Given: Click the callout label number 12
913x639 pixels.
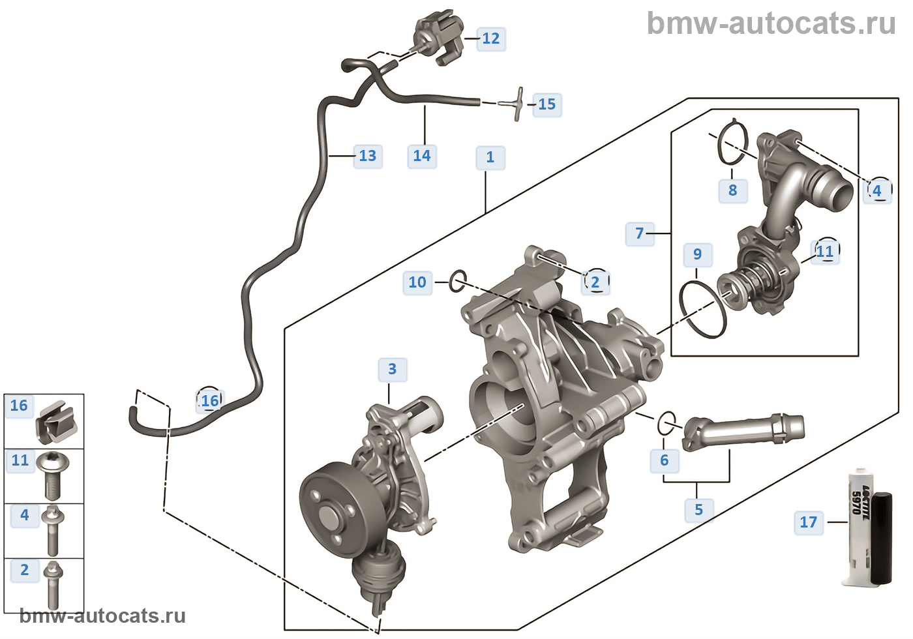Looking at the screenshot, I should coord(491,38).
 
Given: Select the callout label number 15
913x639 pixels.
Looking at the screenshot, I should coord(546,104).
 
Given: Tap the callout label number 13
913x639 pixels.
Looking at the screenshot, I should coord(368,156).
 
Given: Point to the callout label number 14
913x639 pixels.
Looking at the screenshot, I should coord(422,156).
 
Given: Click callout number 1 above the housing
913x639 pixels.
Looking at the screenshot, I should coord(490,157).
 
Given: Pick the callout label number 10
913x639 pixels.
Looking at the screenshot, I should coord(417,282).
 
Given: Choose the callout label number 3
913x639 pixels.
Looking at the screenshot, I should coord(392,369).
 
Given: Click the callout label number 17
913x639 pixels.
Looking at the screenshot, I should coord(808,522).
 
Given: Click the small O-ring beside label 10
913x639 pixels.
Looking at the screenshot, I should coord(458,281).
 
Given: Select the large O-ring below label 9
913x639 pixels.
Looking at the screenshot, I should coord(703,309).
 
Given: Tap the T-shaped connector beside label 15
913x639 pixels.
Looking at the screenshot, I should coord(515,104).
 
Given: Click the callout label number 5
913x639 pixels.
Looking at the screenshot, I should coord(698,509).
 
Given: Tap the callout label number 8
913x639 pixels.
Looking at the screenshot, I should coord(732,190).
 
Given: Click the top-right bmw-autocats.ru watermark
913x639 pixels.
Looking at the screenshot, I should coord(771,23).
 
